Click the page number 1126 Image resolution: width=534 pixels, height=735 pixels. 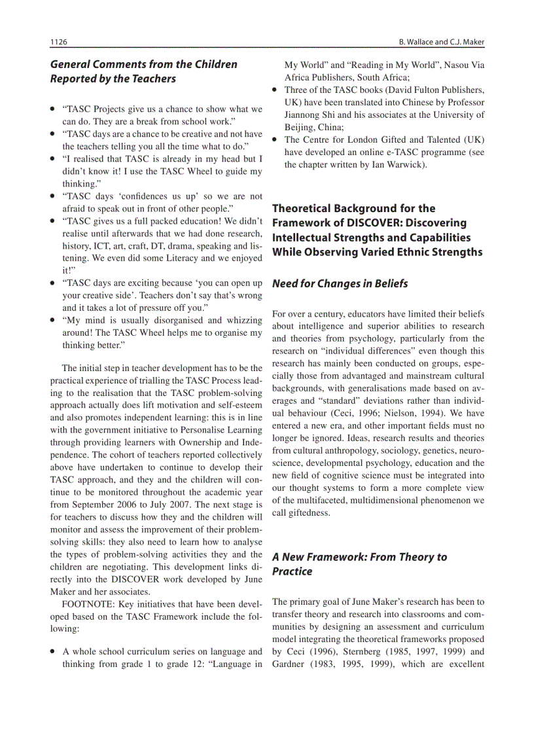pyautogui.click(x=59, y=42)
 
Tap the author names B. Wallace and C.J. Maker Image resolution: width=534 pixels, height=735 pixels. pyautogui.click(x=441, y=42)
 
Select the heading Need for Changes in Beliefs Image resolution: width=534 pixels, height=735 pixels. pyautogui.click(x=340, y=283)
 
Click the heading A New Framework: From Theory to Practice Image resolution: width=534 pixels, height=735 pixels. pyautogui.click(x=359, y=564)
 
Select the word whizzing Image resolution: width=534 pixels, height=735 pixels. pyautogui.click(x=244, y=320)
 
